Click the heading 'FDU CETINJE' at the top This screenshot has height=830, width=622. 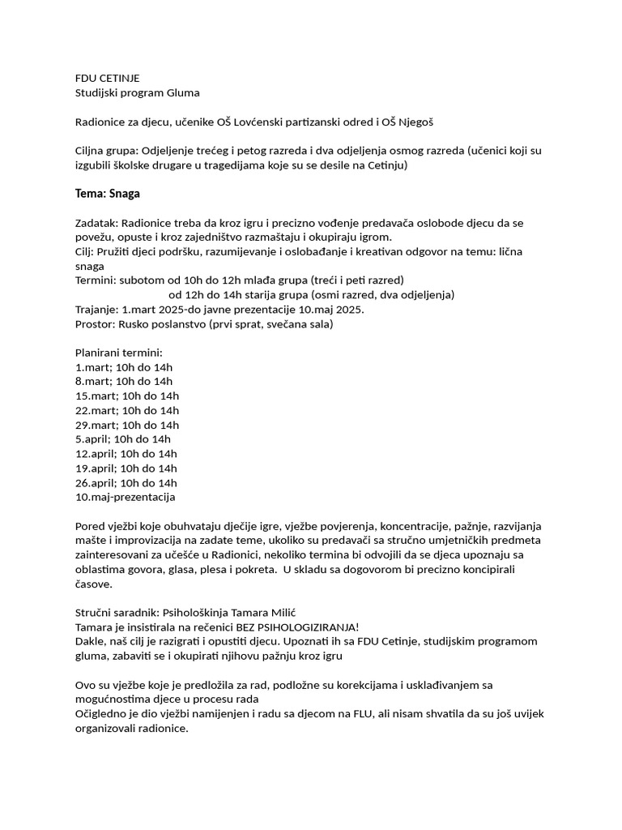click(x=107, y=78)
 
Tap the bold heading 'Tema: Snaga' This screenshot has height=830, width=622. click(x=108, y=194)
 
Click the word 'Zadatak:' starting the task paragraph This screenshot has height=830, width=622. click(x=98, y=222)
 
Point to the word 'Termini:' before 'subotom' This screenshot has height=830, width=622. click(x=96, y=280)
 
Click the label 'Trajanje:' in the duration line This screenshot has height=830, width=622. click(x=96, y=310)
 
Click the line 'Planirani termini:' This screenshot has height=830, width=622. click(x=119, y=353)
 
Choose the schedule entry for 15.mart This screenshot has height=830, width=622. click(x=126, y=396)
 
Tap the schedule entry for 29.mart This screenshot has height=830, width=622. click(x=126, y=425)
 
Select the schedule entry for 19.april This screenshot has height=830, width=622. click(x=126, y=468)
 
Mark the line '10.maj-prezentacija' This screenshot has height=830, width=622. click(x=125, y=496)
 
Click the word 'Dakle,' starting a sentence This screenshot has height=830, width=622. click(x=91, y=641)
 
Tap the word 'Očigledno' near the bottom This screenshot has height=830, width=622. click(x=102, y=713)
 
